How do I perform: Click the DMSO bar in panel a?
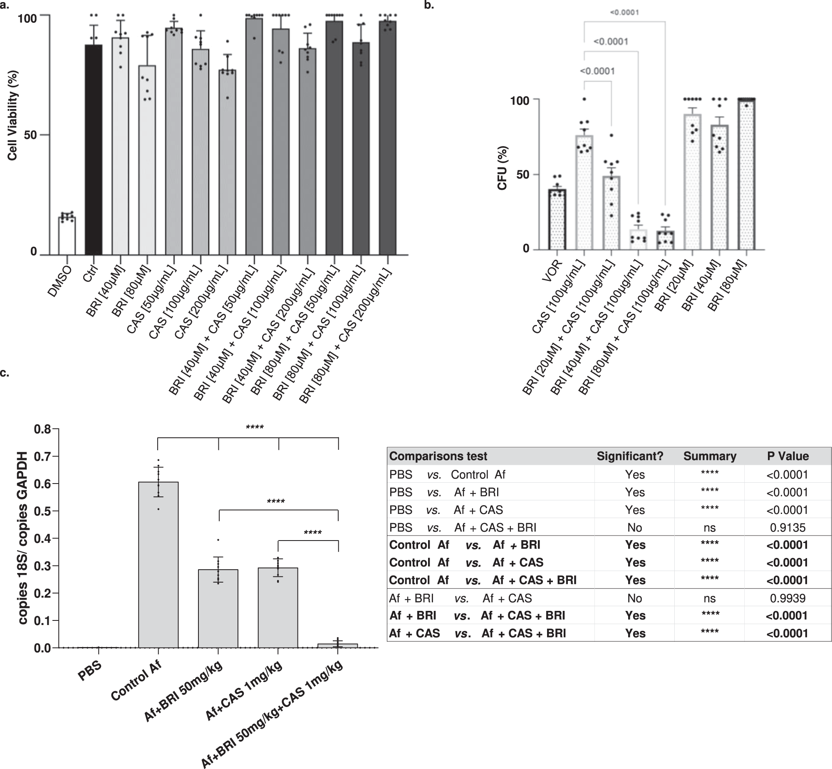[67, 236]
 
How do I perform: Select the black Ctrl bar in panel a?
[94, 150]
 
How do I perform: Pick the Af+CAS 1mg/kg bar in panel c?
[277, 608]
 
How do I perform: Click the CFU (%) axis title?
[502, 168]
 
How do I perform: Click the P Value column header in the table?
[787, 456]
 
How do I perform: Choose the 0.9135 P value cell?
[787, 528]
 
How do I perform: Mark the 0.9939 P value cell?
[787, 598]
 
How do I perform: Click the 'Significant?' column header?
[629, 456]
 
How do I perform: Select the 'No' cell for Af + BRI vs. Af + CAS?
[634, 598]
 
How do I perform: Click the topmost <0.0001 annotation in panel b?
[624, 12]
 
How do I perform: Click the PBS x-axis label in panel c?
[90, 671]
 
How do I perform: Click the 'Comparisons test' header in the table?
[438, 456]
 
